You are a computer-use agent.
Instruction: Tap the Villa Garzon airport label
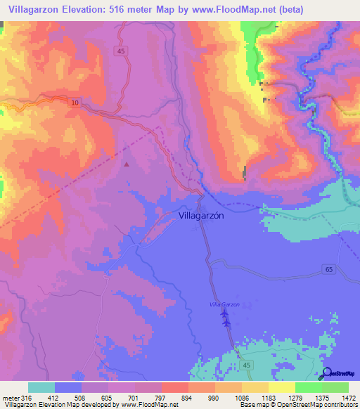tap(225, 304)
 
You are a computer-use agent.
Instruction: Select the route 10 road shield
tap(75, 103)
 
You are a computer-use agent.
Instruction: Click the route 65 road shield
tap(330, 270)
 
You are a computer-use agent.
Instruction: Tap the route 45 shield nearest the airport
tap(245, 365)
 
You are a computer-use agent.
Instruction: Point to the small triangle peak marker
tap(127, 164)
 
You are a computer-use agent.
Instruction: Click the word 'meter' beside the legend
tap(8, 398)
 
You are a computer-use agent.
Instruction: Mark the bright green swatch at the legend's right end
tap(335, 387)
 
